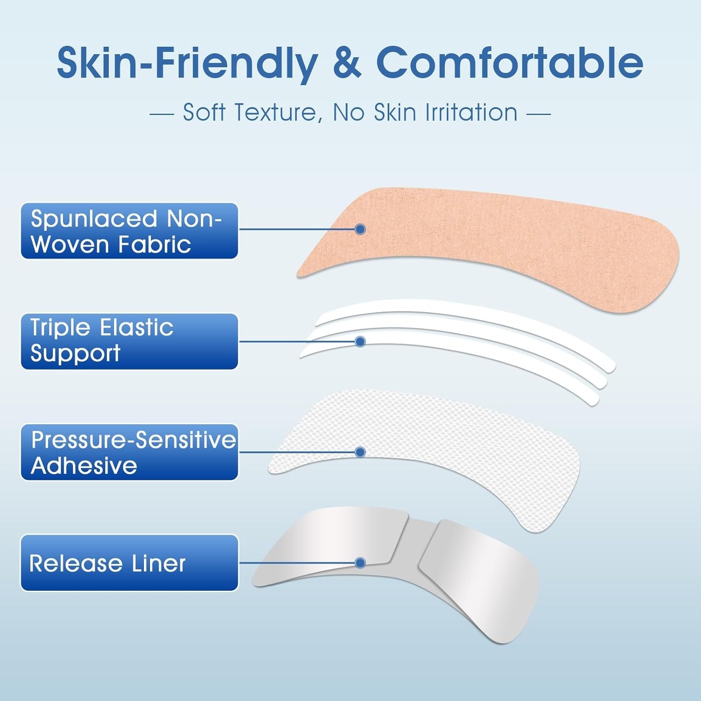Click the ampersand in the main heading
pos(347,63)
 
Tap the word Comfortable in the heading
pos(509,63)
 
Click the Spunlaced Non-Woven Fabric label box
pos(129,231)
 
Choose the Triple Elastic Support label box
pos(129,341)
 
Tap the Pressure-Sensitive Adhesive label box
pos(129,452)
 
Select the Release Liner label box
pos(129,563)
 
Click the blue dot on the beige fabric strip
pos(360,229)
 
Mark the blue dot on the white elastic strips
pos(360,342)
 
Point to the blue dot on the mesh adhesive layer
pos(360,452)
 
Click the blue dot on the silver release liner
pos(360,563)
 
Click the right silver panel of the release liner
pos(481,575)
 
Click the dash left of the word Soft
pos(162,114)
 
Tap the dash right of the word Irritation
pos(538,114)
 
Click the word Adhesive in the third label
pos(84,465)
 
